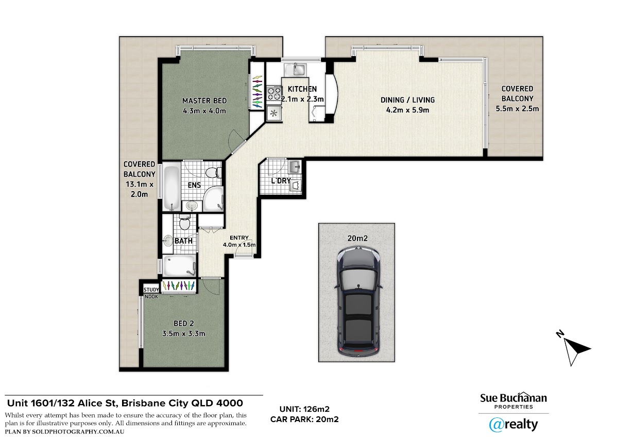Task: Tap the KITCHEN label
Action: tap(302, 89)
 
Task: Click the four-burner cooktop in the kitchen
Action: tap(274, 93)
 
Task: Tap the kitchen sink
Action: tap(295, 69)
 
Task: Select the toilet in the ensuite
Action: tap(214, 173)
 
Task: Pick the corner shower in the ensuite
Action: tap(213, 198)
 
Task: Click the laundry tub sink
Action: tap(295, 166)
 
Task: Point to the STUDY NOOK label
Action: tap(151, 293)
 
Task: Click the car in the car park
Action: tap(358, 302)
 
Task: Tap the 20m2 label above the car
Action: tap(357, 238)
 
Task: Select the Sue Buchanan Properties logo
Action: tap(513, 400)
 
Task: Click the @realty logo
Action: tap(513, 425)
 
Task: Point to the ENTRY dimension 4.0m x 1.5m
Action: tap(239, 245)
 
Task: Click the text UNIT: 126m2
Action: tap(304, 409)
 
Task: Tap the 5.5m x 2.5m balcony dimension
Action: tap(517, 109)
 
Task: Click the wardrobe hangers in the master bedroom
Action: tap(257, 91)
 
